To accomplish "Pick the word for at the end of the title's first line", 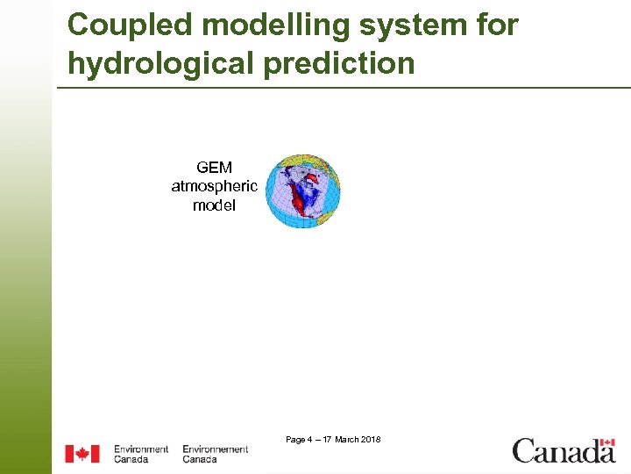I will (x=498, y=25).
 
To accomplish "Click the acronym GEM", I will (x=215, y=167).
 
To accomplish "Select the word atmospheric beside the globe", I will (x=215, y=186).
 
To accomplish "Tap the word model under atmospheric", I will (x=215, y=205).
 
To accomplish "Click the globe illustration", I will (x=301, y=191).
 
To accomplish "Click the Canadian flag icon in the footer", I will (x=82, y=454).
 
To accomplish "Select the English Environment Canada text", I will (x=140, y=454).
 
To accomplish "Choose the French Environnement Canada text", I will (x=215, y=454).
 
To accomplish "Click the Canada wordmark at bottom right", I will (x=564, y=452).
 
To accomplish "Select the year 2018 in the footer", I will (x=371, y=439).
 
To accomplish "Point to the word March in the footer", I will (x=346, y=439).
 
